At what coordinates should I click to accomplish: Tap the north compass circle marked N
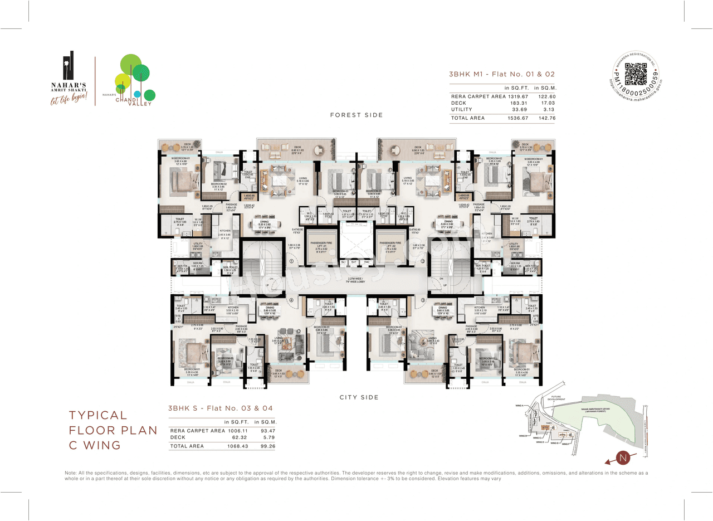[x=624, y=458]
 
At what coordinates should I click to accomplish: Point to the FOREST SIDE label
[x=356, y=115]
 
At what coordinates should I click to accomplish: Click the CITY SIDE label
[x=359, y=397]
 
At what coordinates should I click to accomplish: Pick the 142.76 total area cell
[x=545, y=118]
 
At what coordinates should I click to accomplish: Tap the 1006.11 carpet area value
[x=237, y=431]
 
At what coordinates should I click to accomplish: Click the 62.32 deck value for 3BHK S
[x=239, y=437]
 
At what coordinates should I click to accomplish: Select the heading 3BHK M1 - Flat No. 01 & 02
[x=502, y=74]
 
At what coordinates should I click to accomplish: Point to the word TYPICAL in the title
[x=98, y=416]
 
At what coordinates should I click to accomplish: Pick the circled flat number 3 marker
[x=423, y=300]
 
